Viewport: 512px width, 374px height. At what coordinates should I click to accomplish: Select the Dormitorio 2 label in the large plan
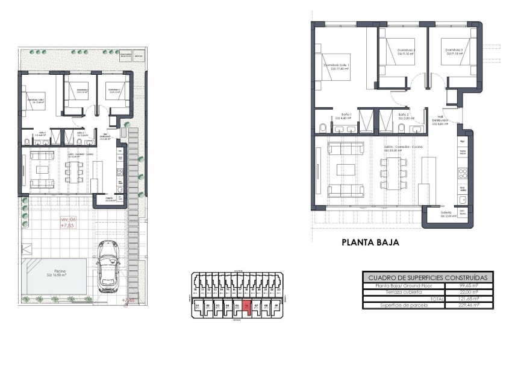coord(406,51)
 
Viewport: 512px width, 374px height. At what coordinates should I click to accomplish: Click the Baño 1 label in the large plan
coord(346,116)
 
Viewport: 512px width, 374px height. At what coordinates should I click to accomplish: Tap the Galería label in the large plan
coord(446,214)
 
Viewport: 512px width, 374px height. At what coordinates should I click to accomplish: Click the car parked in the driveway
coord(109,266)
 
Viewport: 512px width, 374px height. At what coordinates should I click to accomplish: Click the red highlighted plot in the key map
coord(246,307)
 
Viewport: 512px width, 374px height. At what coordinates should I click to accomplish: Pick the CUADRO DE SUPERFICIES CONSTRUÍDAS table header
coord(427,277)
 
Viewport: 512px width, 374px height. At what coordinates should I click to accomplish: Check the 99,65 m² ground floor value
coord(469,285)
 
